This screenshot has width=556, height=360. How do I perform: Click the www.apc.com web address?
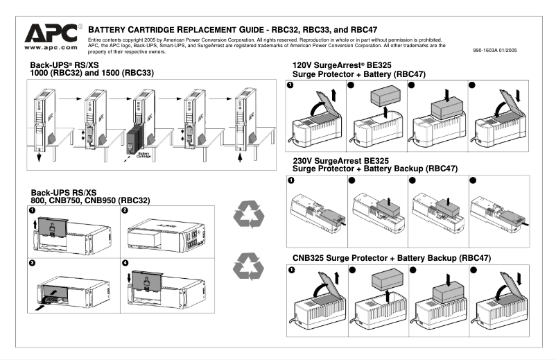tap(50, 48)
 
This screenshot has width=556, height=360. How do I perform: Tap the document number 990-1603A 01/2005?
tap(494, 51)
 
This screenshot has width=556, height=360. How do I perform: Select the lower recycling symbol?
tap(247, 267)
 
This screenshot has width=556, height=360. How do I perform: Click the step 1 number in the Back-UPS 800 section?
tap(33, 209)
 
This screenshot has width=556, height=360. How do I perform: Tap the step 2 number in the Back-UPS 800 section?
tap(125, 209)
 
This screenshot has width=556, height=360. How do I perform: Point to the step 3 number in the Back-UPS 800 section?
tap(33, 263)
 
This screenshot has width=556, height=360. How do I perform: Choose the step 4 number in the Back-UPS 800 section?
tap(125, 263)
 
